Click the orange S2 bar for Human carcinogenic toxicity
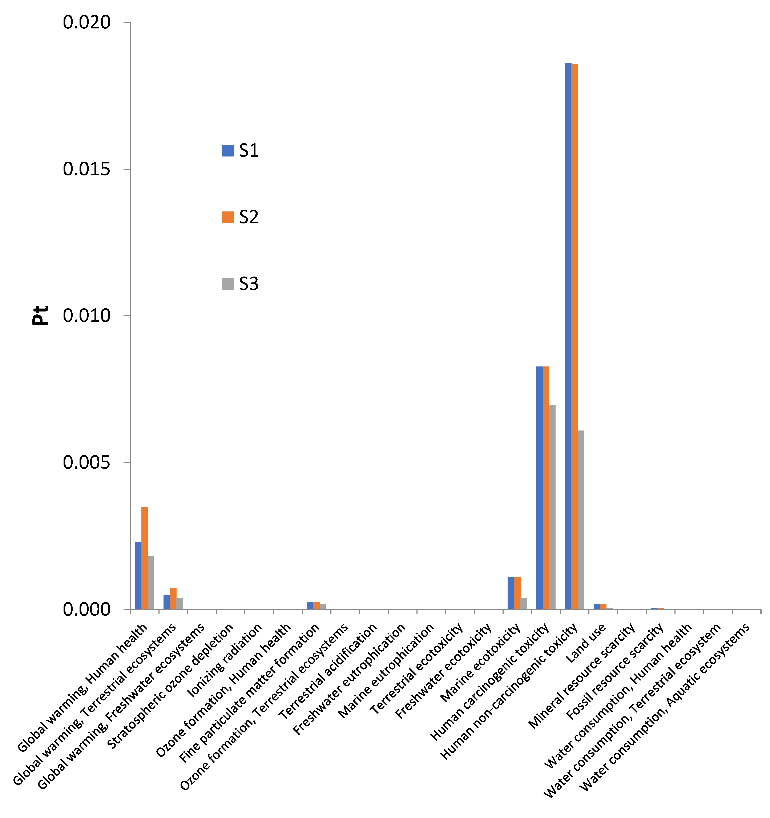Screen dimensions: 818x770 [x=546, y=488]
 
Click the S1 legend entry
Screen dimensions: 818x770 [x=241, y=151]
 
